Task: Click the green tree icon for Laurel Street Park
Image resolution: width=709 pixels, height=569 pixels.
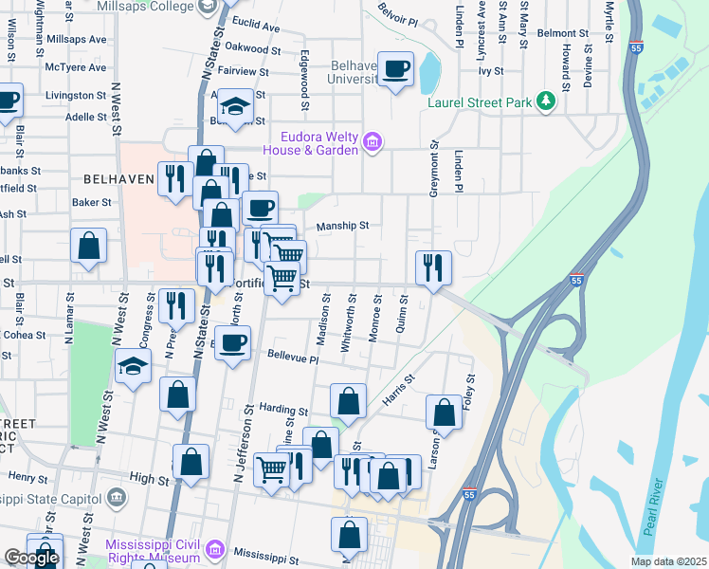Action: (545, 101)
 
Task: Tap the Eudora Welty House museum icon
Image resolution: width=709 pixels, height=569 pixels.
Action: (373, 143)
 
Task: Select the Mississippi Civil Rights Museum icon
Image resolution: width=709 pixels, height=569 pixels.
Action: (214, 550)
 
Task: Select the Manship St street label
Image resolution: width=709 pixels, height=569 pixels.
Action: (341, 226)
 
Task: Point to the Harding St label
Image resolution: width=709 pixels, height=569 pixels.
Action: (283, 411)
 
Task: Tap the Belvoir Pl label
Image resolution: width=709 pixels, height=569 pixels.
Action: (398, 19)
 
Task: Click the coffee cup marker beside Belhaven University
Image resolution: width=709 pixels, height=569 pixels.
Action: (396, 70)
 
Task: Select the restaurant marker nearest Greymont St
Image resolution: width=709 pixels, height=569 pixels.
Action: (433, 267)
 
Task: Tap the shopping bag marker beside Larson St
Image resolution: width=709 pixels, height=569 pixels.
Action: (445, 413)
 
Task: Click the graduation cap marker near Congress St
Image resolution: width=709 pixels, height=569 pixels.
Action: (133, 365)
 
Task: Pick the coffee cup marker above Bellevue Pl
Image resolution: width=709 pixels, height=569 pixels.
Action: (232, 343)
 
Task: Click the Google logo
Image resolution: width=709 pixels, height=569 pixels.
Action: (31, 559)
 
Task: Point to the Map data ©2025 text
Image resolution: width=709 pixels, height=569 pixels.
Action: (667, 561)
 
